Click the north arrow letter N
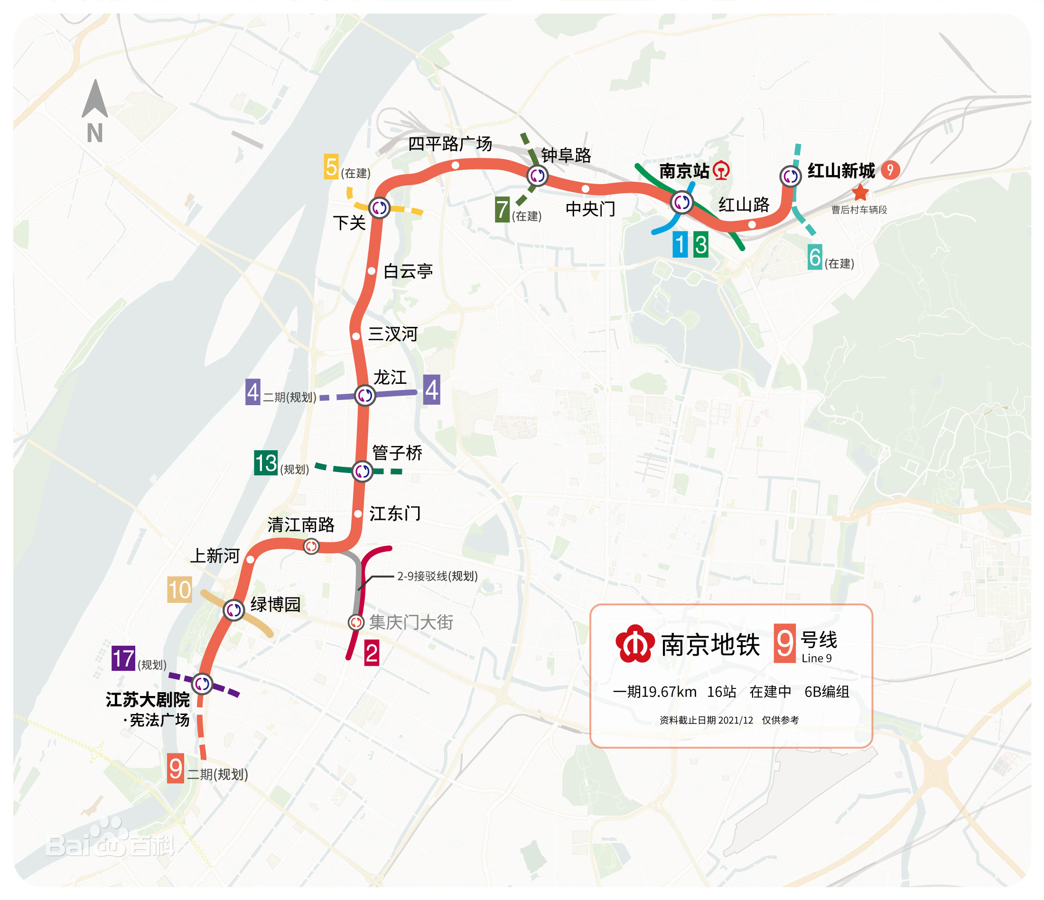95,133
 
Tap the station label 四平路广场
449,144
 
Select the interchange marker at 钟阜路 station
537,176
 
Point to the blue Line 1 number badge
680,245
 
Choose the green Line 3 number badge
700,245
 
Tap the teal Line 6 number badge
815,257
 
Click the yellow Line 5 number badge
331,167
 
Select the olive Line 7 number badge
503,210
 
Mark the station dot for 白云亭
372,271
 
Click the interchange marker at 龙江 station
365,395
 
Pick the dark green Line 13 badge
266,463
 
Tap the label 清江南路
301,525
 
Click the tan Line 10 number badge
179,590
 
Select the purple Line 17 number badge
123,658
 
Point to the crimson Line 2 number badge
372,653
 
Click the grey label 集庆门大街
410,622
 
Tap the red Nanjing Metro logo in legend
635,644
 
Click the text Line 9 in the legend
816,658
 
